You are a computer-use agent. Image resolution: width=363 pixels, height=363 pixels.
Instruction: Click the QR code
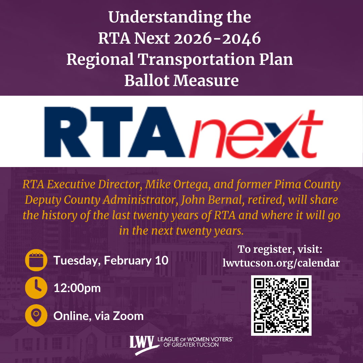(x=281, y=306)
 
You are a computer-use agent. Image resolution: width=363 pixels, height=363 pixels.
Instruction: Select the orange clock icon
(x=36, y=288)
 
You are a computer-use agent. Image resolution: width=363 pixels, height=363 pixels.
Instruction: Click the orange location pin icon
(x=36, y=316)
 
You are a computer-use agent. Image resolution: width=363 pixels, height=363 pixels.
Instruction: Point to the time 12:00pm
(x=77, y=288)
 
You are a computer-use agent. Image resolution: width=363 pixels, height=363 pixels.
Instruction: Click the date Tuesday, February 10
(x=111, y=261)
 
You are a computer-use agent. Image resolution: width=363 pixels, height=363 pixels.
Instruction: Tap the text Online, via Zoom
(x=98, y=316)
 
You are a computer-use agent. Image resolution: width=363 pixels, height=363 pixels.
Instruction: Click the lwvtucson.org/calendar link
(x=281, y=263)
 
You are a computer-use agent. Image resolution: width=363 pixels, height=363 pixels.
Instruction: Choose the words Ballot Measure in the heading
(x=182, y=81)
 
